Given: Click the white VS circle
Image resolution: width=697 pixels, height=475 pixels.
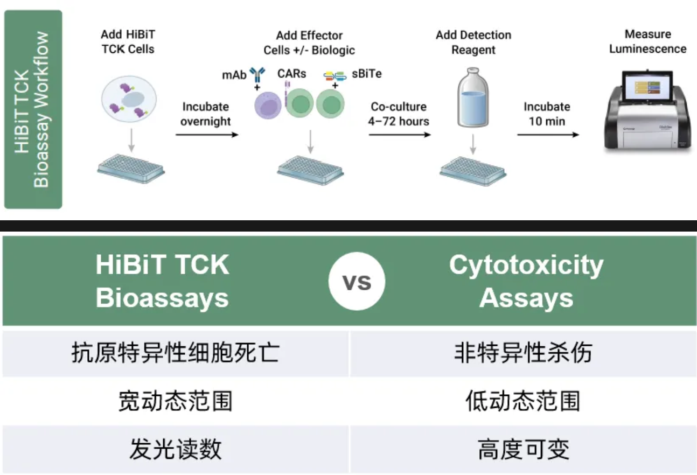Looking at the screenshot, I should (357, 282).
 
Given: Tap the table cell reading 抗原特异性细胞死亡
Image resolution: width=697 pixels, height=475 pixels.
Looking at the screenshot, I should (176, 353).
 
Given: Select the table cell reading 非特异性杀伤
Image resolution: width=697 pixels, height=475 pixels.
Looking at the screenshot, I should (523, 353).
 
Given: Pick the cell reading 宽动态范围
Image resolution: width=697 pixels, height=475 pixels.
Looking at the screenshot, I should (176, 401).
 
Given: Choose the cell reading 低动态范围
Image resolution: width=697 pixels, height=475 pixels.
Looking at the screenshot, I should (523, 401).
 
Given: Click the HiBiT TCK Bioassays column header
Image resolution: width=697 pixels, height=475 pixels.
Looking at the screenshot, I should (163, 282).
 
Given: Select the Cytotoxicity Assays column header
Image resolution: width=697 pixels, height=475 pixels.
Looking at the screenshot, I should (526, 282).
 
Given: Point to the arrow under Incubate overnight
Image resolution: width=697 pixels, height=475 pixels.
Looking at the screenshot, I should (206, 135).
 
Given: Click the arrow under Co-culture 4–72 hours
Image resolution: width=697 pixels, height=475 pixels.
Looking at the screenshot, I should (400, 134).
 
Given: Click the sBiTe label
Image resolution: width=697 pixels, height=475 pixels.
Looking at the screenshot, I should (367, 74).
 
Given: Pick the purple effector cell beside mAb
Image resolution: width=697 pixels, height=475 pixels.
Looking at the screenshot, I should (269, 103).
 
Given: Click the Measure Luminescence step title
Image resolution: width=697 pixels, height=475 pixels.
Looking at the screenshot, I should (647, 41).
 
